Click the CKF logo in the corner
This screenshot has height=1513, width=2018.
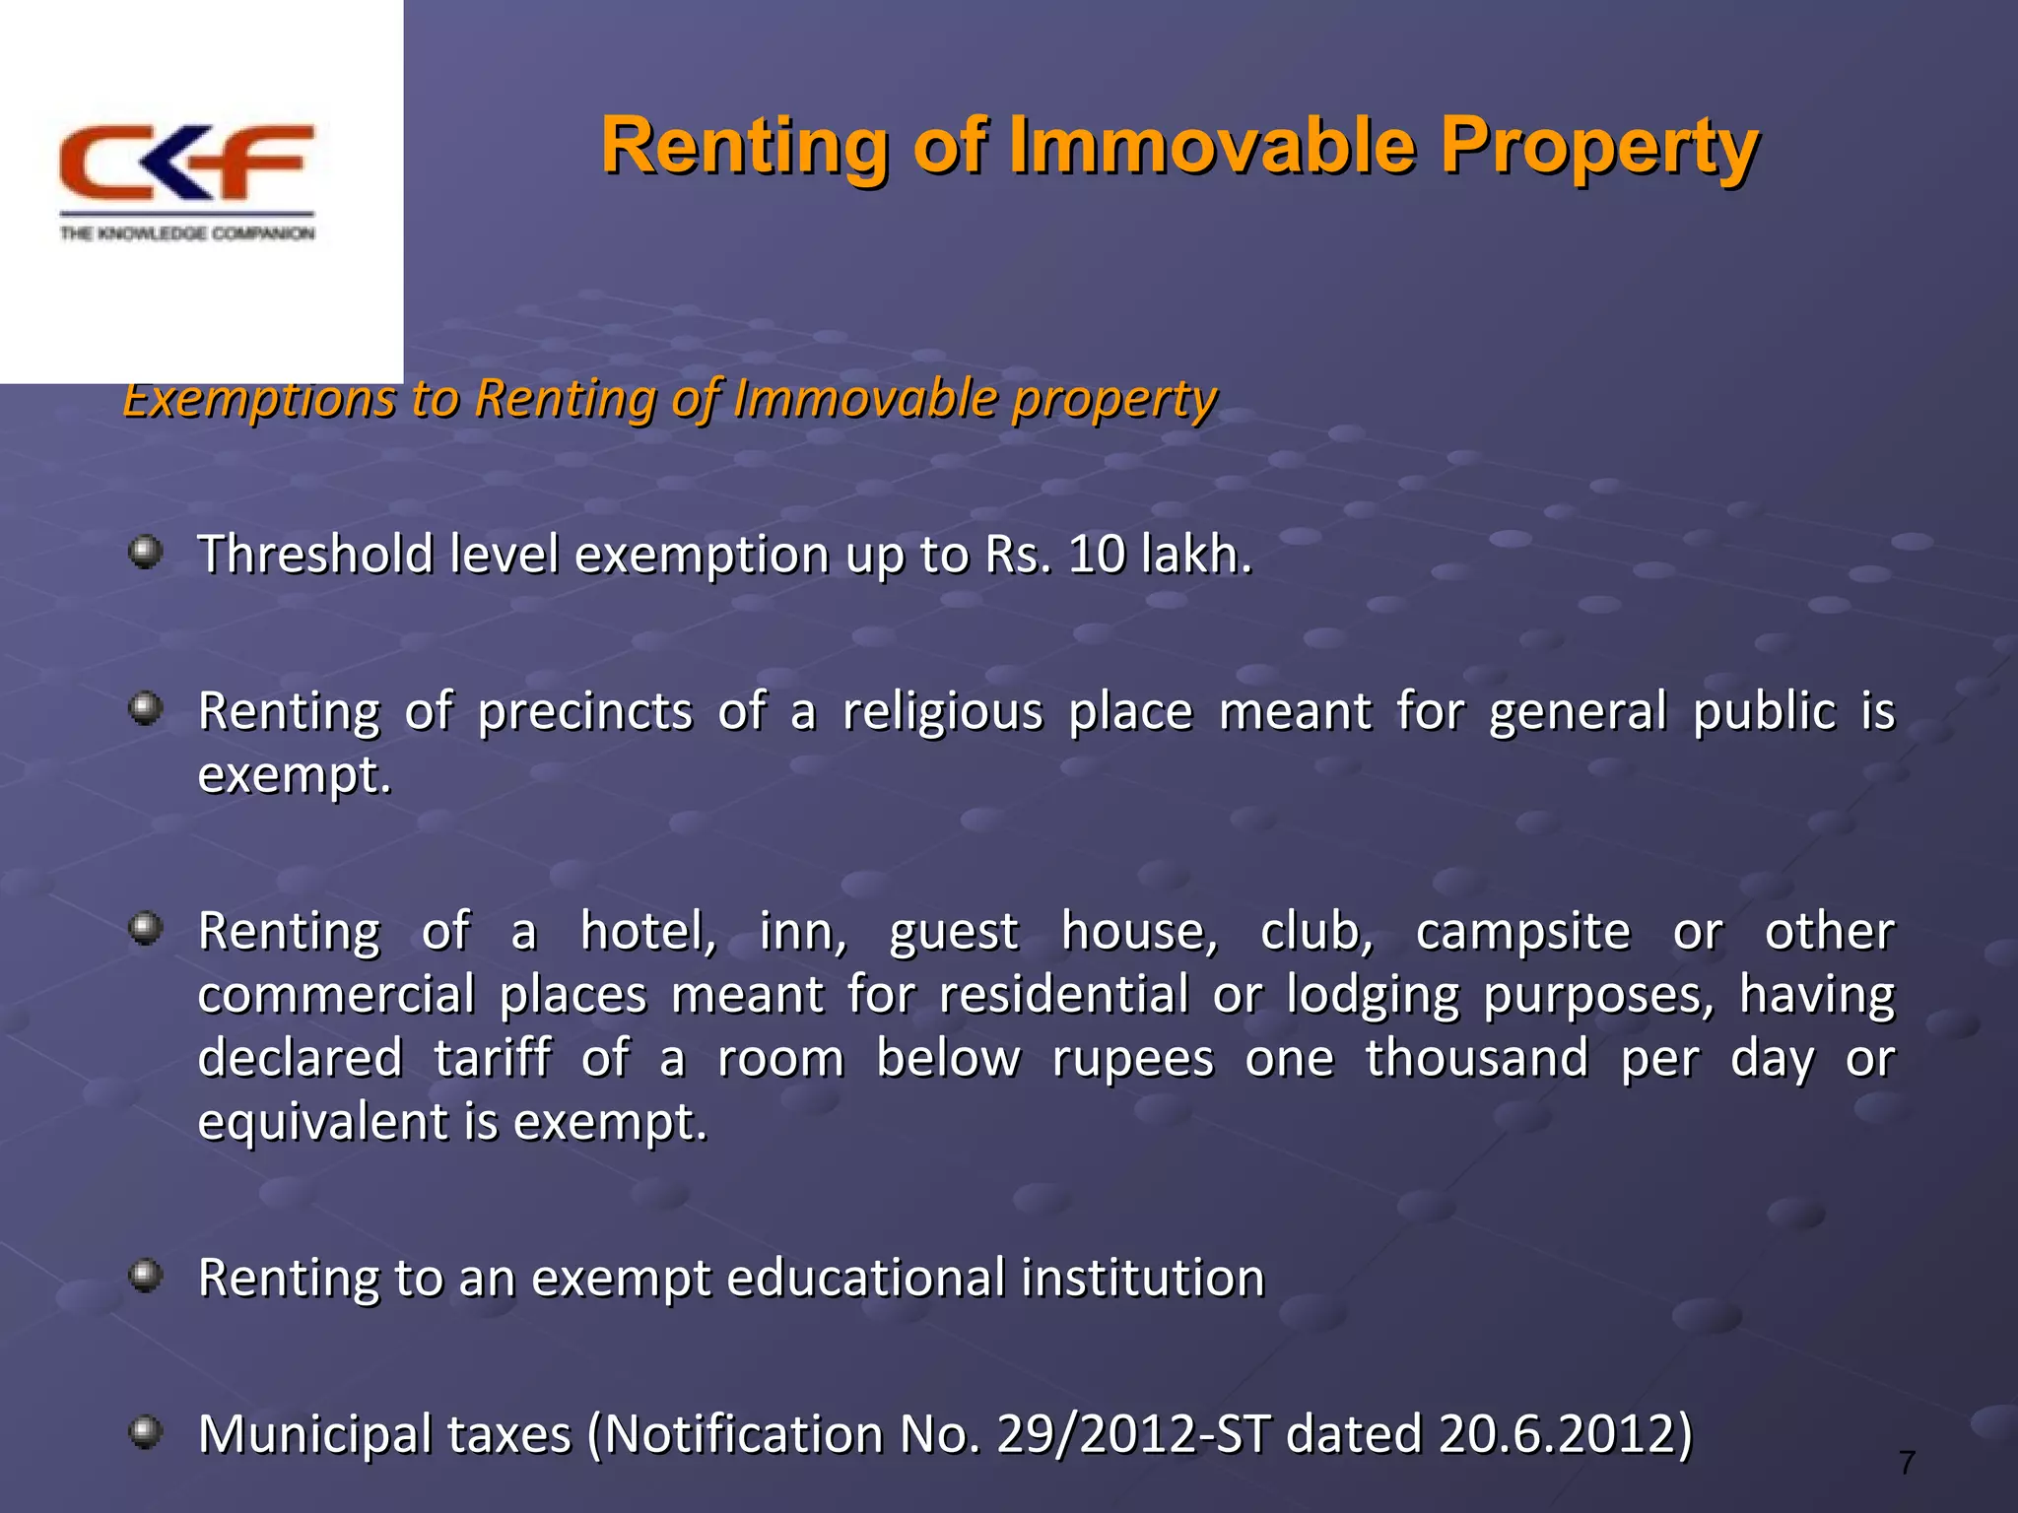187,163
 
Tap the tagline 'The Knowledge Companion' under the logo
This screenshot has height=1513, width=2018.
187,233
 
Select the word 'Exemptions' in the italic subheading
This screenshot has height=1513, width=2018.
258,400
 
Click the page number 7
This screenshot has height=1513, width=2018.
1907,1463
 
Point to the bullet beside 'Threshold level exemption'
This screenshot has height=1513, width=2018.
146,551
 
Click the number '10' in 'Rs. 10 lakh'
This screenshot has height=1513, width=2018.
1097,555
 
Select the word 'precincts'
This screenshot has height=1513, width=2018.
585,712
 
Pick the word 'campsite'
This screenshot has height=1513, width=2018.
1522,932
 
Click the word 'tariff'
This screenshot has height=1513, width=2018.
492,1059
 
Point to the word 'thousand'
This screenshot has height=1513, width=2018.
1476,1059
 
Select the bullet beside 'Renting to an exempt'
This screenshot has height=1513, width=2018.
146,1276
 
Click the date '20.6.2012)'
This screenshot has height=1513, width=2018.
1565,1434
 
